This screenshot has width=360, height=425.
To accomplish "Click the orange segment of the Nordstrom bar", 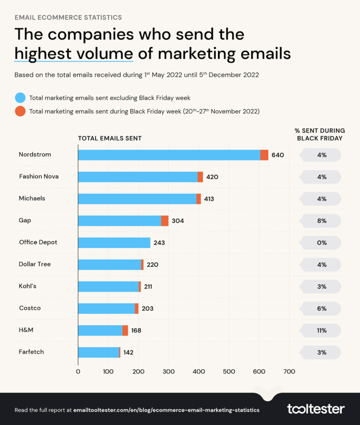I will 264,155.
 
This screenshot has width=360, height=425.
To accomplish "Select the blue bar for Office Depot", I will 114,243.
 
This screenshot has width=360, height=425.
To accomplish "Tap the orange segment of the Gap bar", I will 165,221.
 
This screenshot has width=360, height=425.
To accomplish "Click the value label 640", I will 278,155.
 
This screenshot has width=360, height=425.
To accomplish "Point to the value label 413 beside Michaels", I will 209,199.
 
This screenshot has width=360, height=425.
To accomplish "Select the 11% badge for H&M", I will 322,331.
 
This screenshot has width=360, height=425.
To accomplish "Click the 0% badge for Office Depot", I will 322,243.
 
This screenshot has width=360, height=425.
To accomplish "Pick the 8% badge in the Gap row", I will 322,221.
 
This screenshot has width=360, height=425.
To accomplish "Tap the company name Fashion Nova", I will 39,176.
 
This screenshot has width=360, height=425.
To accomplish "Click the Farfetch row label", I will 31,352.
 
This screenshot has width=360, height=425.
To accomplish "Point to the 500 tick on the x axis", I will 229,371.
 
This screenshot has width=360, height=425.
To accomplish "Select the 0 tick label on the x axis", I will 78,371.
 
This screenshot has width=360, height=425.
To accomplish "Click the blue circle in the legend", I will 20,98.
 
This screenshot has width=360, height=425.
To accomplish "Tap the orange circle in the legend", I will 20,111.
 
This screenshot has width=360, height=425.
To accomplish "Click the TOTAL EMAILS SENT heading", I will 110,139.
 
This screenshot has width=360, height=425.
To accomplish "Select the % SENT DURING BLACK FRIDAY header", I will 320,134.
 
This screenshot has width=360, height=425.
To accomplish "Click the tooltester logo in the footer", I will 316,409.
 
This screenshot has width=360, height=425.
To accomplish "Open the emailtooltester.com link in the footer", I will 166,410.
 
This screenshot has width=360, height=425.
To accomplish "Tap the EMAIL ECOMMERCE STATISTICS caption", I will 68,17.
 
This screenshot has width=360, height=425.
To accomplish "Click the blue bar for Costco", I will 107,308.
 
